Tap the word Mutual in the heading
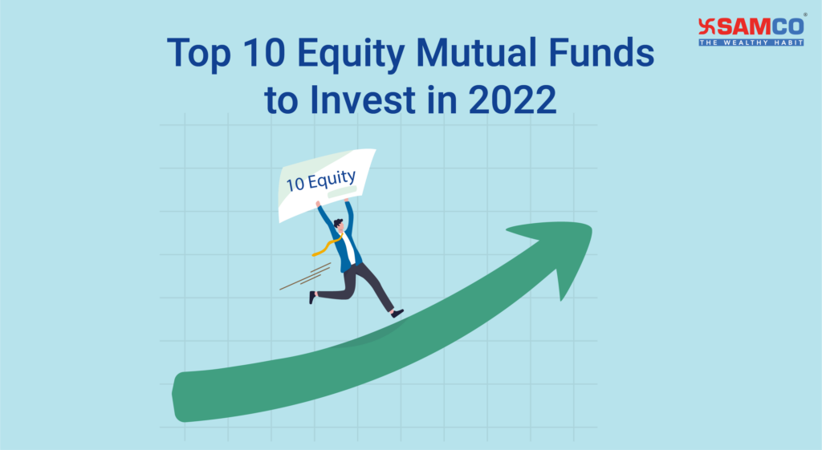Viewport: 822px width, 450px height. [x=478, y=54]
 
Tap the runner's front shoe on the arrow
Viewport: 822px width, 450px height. [x=397, y=313]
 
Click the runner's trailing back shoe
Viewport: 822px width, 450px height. [x=311, y=297]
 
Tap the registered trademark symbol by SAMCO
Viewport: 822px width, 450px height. [x=804, y=14]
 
